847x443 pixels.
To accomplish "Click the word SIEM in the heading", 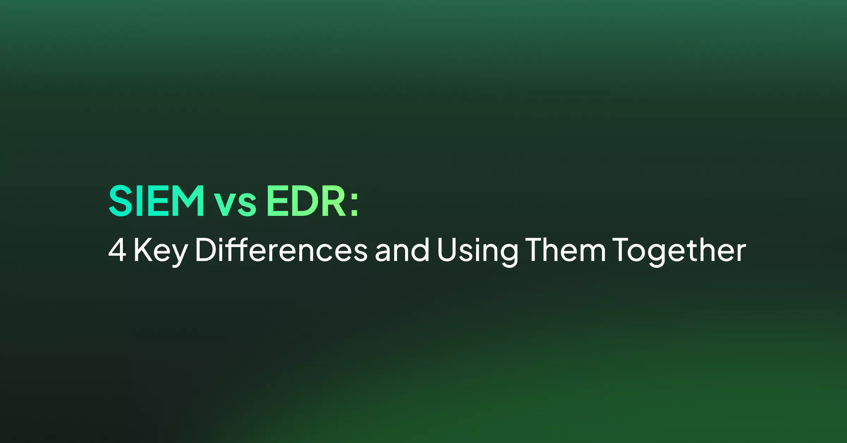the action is tap(156, 201).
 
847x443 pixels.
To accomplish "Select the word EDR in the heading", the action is tap(306, 201).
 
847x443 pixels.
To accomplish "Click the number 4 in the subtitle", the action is tap(117, 250).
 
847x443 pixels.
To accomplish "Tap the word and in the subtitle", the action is tap(402, 249).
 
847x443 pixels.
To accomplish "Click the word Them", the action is tap(565, 249).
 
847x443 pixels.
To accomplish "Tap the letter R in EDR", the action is tap(334, 201).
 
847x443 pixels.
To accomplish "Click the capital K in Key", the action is tap(143, 250).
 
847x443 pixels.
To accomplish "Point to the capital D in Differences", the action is tap(206, 250).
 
